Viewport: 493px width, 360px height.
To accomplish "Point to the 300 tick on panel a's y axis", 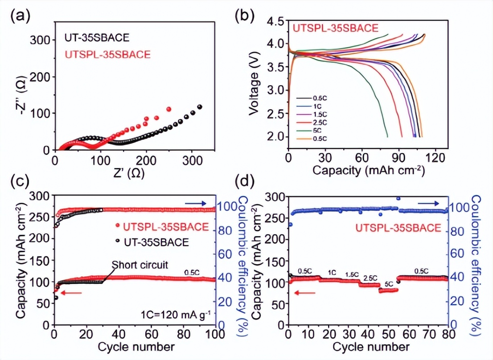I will coord(40,40).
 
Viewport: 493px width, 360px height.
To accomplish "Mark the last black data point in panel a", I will coord(200,107).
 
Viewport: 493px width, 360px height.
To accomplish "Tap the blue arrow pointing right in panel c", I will coord(195,204).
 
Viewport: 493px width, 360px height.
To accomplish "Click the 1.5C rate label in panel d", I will coord(352,275).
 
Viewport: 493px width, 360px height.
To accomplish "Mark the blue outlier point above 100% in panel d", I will coord(399,199).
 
